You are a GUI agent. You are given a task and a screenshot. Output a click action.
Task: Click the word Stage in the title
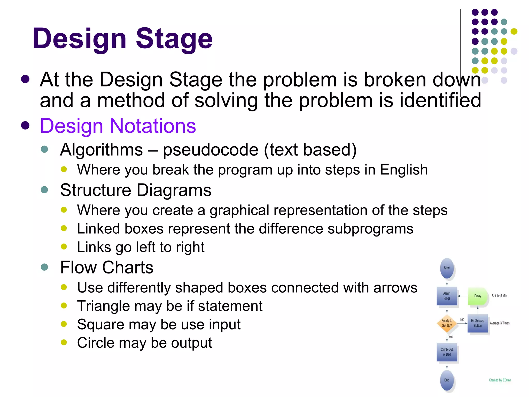tap(174, 39)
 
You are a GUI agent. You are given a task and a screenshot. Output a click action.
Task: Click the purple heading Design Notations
tap(118, 126)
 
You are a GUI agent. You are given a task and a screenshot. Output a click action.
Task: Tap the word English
tap(404, 170)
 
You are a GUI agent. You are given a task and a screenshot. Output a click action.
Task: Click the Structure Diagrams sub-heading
tap(136, 190)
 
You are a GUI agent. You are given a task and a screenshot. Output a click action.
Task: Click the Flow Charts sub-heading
tap(107, 267)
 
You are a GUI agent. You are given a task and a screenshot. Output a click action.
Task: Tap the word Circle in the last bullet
tap(96, 343)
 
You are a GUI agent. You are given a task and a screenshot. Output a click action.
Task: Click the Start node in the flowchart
tap(447, 268)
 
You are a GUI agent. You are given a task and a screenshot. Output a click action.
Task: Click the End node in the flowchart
tap(447, 380)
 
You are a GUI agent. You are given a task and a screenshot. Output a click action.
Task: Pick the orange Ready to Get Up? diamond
tap(447, 323)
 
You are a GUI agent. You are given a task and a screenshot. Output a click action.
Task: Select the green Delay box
tap(477, 296)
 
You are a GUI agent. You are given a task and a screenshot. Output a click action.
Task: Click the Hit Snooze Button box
tap(478, 323)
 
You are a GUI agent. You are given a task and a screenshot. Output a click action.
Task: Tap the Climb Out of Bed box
tap(447, 352)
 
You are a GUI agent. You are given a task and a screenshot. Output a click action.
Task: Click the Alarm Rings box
tap(447, 296)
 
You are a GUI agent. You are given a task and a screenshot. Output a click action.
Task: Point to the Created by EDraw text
tap(500, 380)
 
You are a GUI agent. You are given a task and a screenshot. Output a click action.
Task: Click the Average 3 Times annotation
tap(500, 323)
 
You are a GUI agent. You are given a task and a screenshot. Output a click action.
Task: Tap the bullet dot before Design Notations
tap(25, 126)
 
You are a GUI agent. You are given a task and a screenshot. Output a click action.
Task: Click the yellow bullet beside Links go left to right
tap(64, 247)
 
